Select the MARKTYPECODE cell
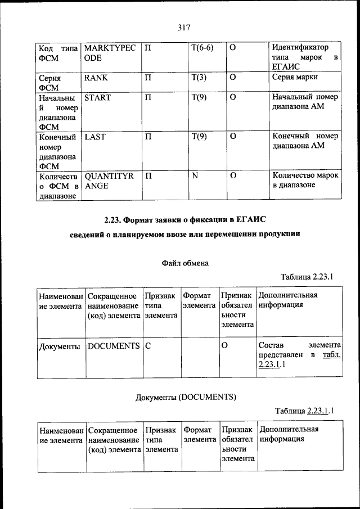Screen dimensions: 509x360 [109, 53]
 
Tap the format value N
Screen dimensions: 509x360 [195, 176]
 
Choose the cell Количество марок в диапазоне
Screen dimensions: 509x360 [305, 181]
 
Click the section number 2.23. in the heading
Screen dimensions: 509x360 [114, 218]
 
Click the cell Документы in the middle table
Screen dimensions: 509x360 [59, 346]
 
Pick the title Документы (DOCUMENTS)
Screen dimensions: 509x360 [186, 397]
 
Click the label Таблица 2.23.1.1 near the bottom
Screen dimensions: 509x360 [304, 411]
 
